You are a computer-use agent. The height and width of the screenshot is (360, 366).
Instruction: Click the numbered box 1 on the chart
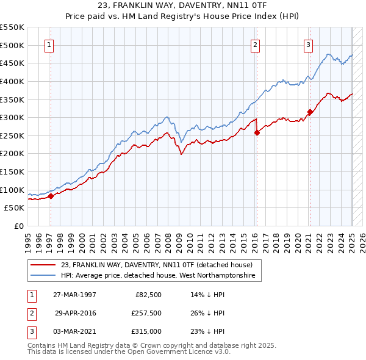(x=48, y=44)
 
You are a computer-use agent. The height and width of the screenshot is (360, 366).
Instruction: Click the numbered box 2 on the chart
(x=255, y=44)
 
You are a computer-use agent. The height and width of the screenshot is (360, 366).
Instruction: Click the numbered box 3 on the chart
(x=309, y=44)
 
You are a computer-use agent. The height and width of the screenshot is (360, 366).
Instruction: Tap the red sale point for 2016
(x=257, y=132)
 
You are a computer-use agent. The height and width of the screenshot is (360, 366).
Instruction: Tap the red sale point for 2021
(x=310, y=112)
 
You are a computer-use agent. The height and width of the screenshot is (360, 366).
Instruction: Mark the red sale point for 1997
(x=51, y=196)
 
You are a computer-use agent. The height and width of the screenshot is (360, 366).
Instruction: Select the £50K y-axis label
(x=14, y=208)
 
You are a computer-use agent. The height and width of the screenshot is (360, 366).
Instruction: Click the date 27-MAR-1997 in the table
(x=74, y=294)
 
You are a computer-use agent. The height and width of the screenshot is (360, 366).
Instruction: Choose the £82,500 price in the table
(x=148, y=294)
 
